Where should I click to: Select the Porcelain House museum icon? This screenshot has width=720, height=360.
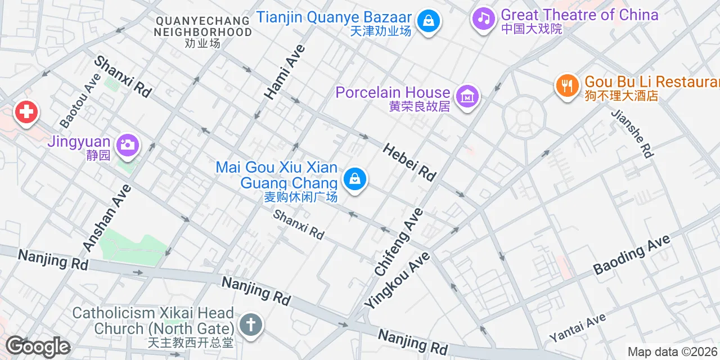click(467, 97)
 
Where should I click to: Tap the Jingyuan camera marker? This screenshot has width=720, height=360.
click(128, 145)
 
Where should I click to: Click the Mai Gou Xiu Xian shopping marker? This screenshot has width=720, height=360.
click(354, 179)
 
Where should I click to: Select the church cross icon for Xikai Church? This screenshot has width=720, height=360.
click(250, 325)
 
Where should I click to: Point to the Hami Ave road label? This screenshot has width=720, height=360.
click(285, 72)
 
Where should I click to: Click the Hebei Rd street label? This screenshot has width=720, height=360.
click(409, 162)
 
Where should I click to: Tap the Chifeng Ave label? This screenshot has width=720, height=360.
click(399, 242)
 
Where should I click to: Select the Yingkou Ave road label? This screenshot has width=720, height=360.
click(397, 280)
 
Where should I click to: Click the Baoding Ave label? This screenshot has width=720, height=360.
click(632, 254)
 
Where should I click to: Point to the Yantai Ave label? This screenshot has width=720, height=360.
click(578, 328)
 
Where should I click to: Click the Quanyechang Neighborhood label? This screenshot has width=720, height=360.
click(202, 31)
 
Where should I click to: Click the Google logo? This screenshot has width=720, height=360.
click(38, 346)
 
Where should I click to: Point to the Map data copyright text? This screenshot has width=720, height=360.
click(673, 352)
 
